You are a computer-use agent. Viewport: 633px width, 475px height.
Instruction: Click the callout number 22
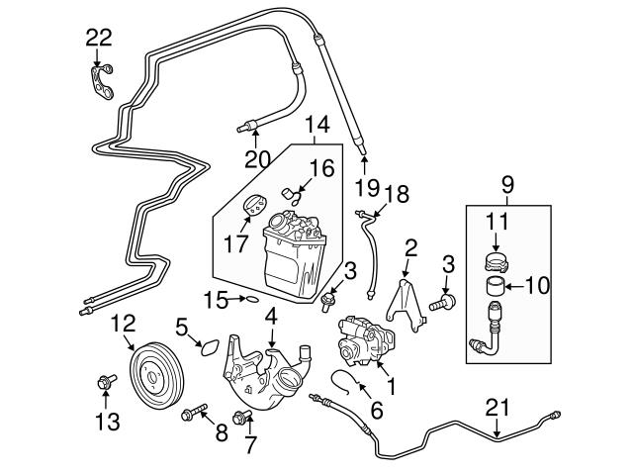click(99, 38)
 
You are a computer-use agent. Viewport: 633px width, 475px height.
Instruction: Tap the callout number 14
click(316, 127)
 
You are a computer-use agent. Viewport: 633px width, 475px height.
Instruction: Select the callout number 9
click(507, 184)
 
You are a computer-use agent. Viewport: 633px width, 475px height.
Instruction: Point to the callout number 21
click(497, 407)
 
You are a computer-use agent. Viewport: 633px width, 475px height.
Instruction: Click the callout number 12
click(122, 322)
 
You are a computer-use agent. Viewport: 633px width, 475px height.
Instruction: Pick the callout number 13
click(107, 423)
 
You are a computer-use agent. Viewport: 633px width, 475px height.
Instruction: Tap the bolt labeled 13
click(105, 381)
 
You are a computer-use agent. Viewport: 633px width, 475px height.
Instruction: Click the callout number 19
click(367, 186)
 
